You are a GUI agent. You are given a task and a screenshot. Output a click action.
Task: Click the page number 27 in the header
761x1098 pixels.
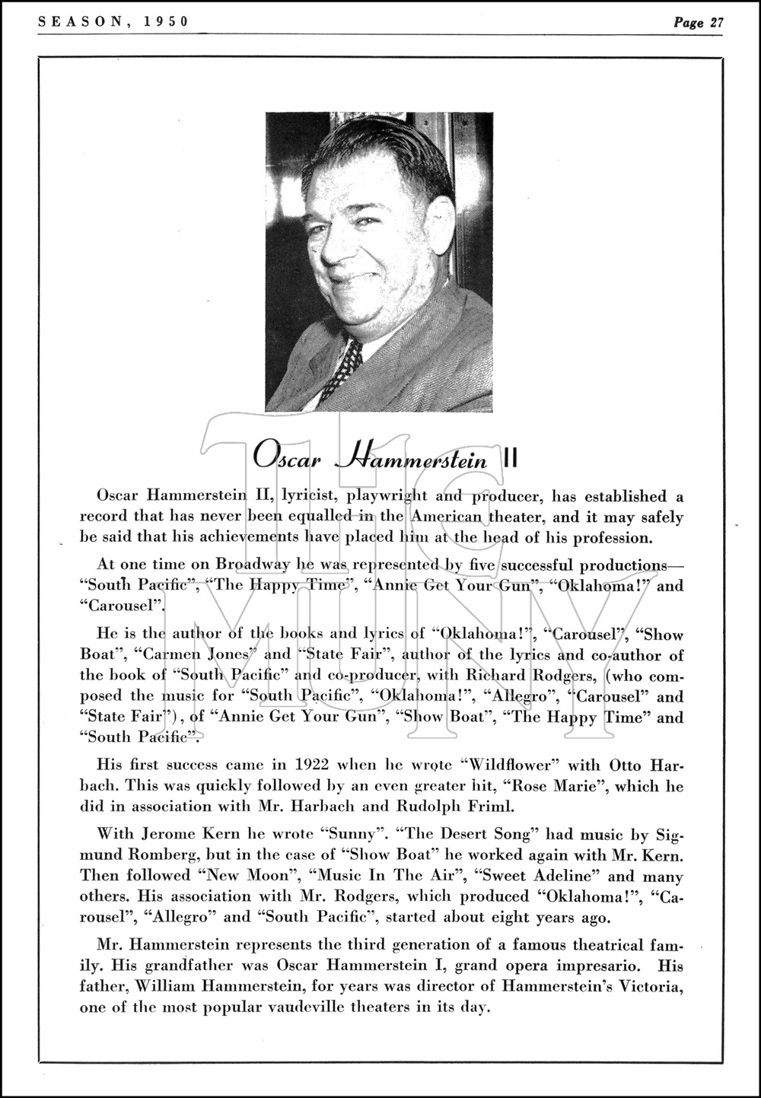click(x=715, y=22)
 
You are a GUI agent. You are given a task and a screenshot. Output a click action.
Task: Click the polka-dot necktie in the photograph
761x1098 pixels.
click(x=340, y=369)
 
